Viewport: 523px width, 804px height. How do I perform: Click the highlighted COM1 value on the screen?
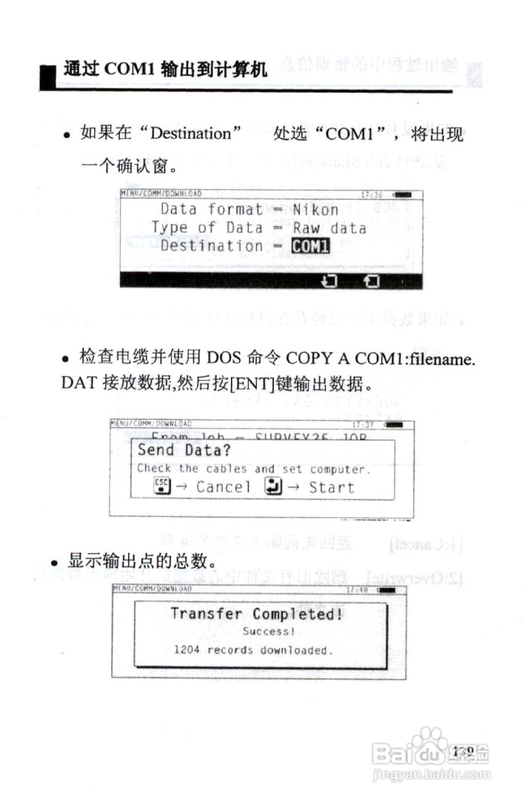coord(311,246)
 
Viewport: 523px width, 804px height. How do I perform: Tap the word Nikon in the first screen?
coord(315,210)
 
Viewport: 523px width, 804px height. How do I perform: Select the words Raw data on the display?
coord(329,228)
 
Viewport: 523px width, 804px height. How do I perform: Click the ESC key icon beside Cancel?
coord(162,486)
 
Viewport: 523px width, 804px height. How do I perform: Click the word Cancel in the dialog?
coord(223,487)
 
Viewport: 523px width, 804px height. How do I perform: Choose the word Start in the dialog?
coord(332,487)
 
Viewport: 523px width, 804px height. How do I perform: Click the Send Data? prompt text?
coord(184,450)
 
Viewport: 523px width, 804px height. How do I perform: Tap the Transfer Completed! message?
coord(257,614)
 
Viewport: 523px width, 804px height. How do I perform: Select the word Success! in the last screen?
coord(269,631)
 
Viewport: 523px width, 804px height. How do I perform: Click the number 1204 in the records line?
coord(187,650)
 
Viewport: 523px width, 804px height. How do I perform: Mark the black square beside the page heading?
coord(48,77)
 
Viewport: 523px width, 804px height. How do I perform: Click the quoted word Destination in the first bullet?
coord(191,134)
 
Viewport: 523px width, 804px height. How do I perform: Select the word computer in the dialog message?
coord(337,469)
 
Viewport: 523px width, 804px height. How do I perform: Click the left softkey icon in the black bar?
coord(329,281)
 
